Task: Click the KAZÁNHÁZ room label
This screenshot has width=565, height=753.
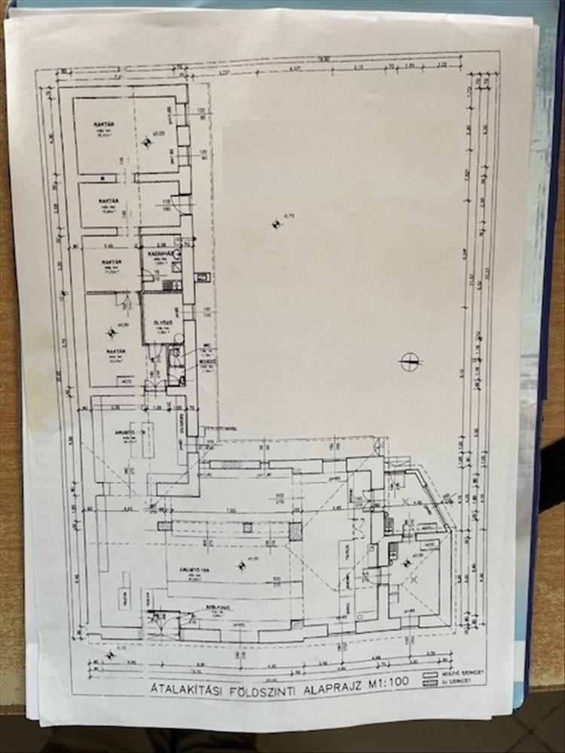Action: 159,255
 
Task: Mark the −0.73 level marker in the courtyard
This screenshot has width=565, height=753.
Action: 278,221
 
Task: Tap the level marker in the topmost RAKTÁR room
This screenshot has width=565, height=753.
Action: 148,139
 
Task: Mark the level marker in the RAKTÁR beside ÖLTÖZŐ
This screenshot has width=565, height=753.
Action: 112,329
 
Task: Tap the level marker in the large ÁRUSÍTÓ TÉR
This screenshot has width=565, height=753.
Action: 242,564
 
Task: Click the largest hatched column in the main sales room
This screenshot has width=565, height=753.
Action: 295,532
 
